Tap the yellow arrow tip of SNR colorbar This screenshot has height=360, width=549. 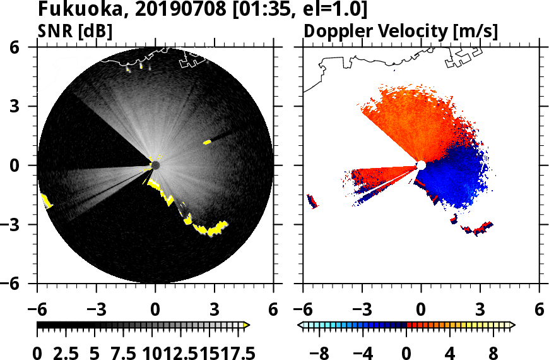click(x=247, y=325)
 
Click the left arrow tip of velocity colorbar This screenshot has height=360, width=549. click(x=301, y=325)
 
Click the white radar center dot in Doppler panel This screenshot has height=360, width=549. click(x=421, y=165)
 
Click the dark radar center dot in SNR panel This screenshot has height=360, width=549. click(x=155, y=165)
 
